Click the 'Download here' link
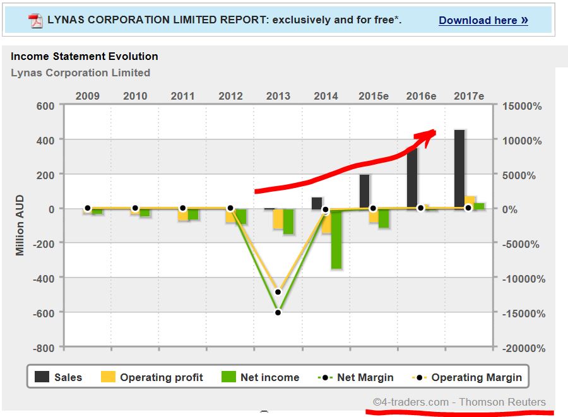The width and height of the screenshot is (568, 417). click(x=483, y=20)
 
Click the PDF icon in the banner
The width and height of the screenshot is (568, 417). click(x=35, y=20)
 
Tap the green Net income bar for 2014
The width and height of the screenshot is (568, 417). click(x=336, y=240)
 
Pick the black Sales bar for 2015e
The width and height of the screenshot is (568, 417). click(x=364, y=192)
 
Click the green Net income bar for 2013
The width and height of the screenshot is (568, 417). click(x=288, y=221)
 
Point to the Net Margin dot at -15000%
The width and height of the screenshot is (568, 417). click(x=278, y=312)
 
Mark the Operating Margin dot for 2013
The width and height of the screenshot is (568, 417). click(x=278, y=292)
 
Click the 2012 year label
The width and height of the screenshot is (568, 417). click(x=230, y=96)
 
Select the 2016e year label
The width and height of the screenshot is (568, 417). click(x=421, y=96)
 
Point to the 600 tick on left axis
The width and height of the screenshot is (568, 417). click(x=45, y=105)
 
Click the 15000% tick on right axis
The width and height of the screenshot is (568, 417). click(x=522, y=106)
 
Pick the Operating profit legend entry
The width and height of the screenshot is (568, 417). click(x=151, y=377)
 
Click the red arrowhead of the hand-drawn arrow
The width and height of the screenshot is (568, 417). click(x=429, y=134)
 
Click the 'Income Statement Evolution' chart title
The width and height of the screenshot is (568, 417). click(x=85, y=56)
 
